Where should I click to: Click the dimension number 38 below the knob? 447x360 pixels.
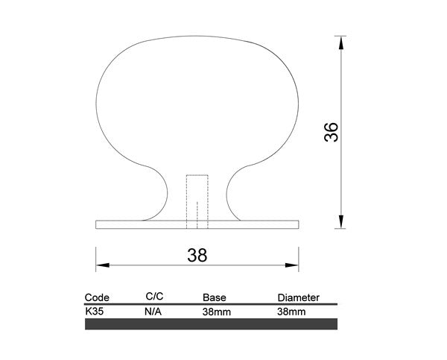coord(197,255)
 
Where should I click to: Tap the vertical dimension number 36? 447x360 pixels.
coord(331,132)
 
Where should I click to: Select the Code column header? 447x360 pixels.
coord(97,297)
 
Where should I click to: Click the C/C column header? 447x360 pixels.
coord(154,297)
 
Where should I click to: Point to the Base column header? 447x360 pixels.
coord(215,297)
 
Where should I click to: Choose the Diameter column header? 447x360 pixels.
coord(299,297)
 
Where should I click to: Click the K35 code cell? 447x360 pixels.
coord(95,312)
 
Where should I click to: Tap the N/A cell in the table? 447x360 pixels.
coord(153,312)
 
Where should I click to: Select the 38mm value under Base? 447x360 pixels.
coord(217,312)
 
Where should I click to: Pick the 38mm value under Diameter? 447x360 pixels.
coord(291,312)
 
